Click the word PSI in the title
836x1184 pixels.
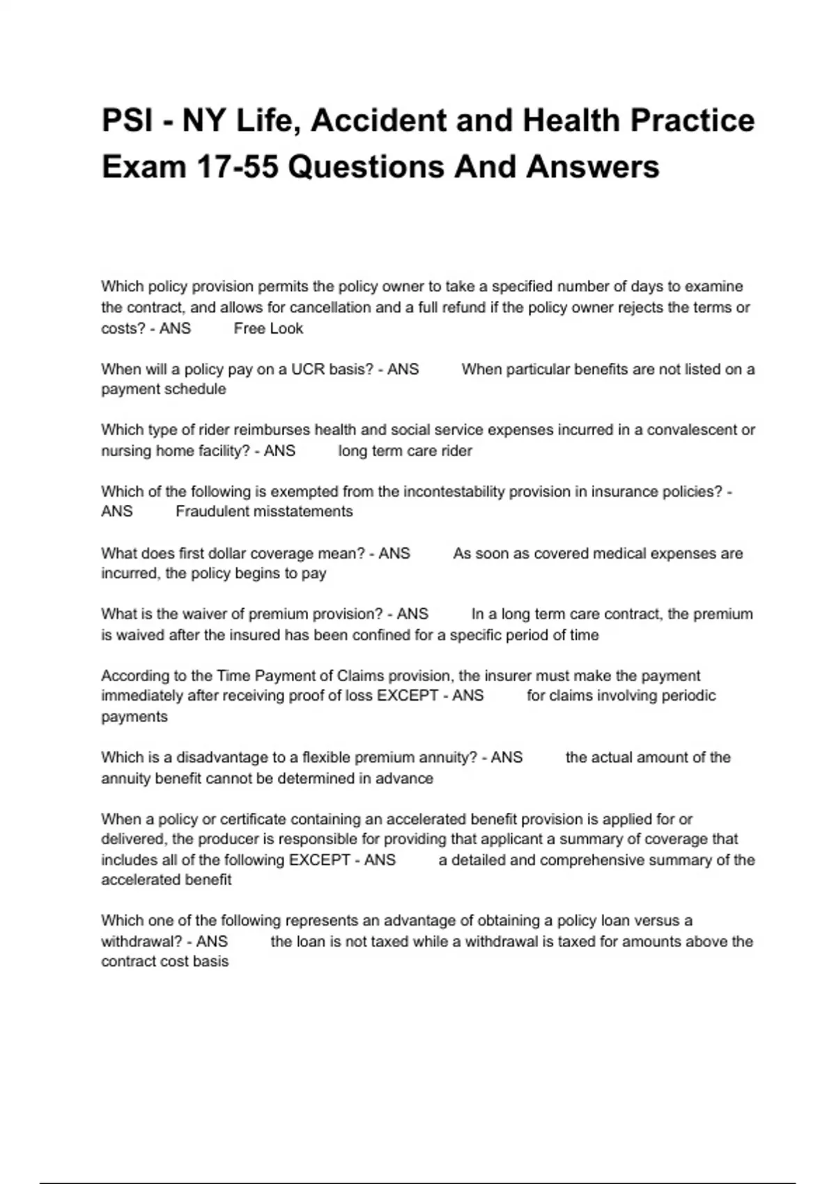tap(127, 120)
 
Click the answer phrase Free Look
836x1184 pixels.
tap(268, 329)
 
